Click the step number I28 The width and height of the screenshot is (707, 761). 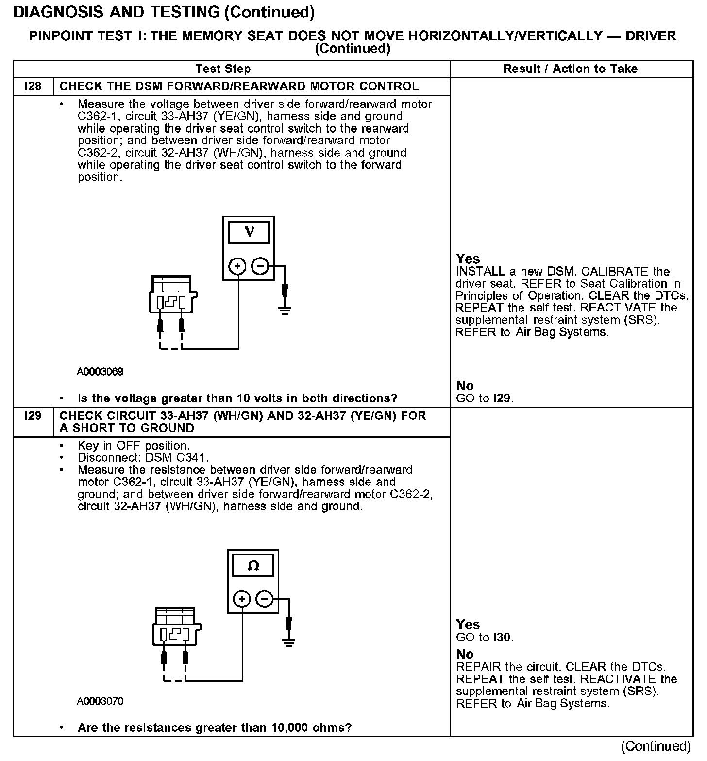pos(33,86)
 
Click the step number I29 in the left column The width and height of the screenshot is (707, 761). pos(33,416)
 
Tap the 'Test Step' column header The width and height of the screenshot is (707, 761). pos(223,69)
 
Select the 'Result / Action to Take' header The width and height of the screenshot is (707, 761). pos(571,69)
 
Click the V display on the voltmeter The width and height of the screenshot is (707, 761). pos(249,232)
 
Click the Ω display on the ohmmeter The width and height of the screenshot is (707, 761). pos(253,566)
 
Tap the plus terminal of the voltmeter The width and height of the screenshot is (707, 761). pos(238,266)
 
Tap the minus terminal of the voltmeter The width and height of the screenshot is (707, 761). pos(260,266)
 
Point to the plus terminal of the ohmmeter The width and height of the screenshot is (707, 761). pos(242,599)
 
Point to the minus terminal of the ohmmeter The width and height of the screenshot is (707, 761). pos(265,599)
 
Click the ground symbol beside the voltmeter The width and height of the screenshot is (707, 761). pos(285,309)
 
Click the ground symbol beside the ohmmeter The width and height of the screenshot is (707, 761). pos(289,642)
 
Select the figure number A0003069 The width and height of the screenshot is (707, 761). pos(100,372)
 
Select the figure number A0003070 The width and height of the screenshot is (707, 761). pos(100,701)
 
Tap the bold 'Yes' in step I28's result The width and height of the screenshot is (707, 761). pos(468,259)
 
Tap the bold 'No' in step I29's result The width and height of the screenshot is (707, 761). pos(465,654)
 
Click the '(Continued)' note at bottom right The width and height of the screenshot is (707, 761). pos(655,746)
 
